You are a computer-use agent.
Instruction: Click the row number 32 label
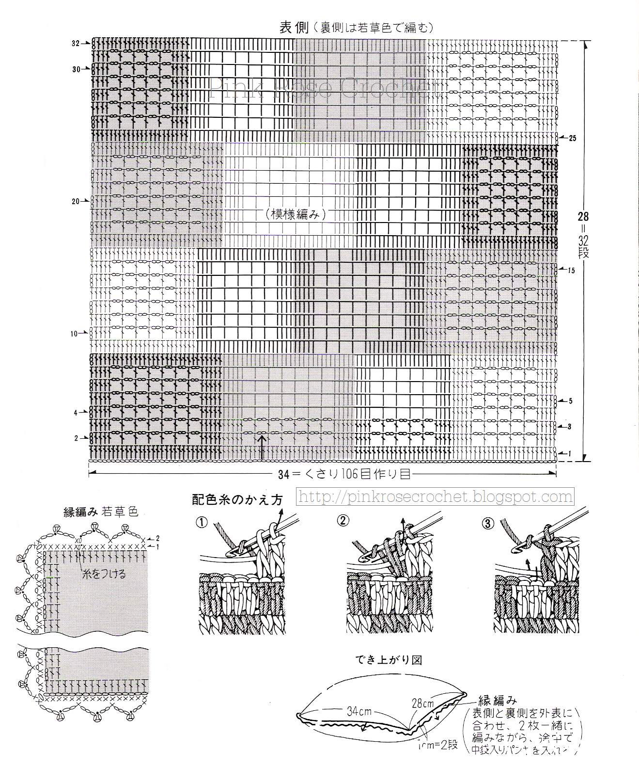[x=75, y=43]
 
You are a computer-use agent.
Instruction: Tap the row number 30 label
[x=76, y=69]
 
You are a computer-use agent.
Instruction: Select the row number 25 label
[x=573, y=138]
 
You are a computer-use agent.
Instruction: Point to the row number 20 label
[x=76, y=201]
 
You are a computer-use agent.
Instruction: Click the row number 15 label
[x=572, y=271]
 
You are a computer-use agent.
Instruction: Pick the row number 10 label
[x=74, y=334]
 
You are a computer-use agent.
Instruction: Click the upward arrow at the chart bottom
[x=262, y=447]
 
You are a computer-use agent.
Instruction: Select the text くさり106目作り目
[x=352, y=474]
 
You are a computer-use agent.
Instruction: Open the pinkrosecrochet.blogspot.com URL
[x=435, y=496]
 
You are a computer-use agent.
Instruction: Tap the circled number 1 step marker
[x=202, y=522]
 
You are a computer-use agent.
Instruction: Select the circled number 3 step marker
[x=487, y=523]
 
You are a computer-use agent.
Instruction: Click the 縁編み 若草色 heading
[x=101, y=512]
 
